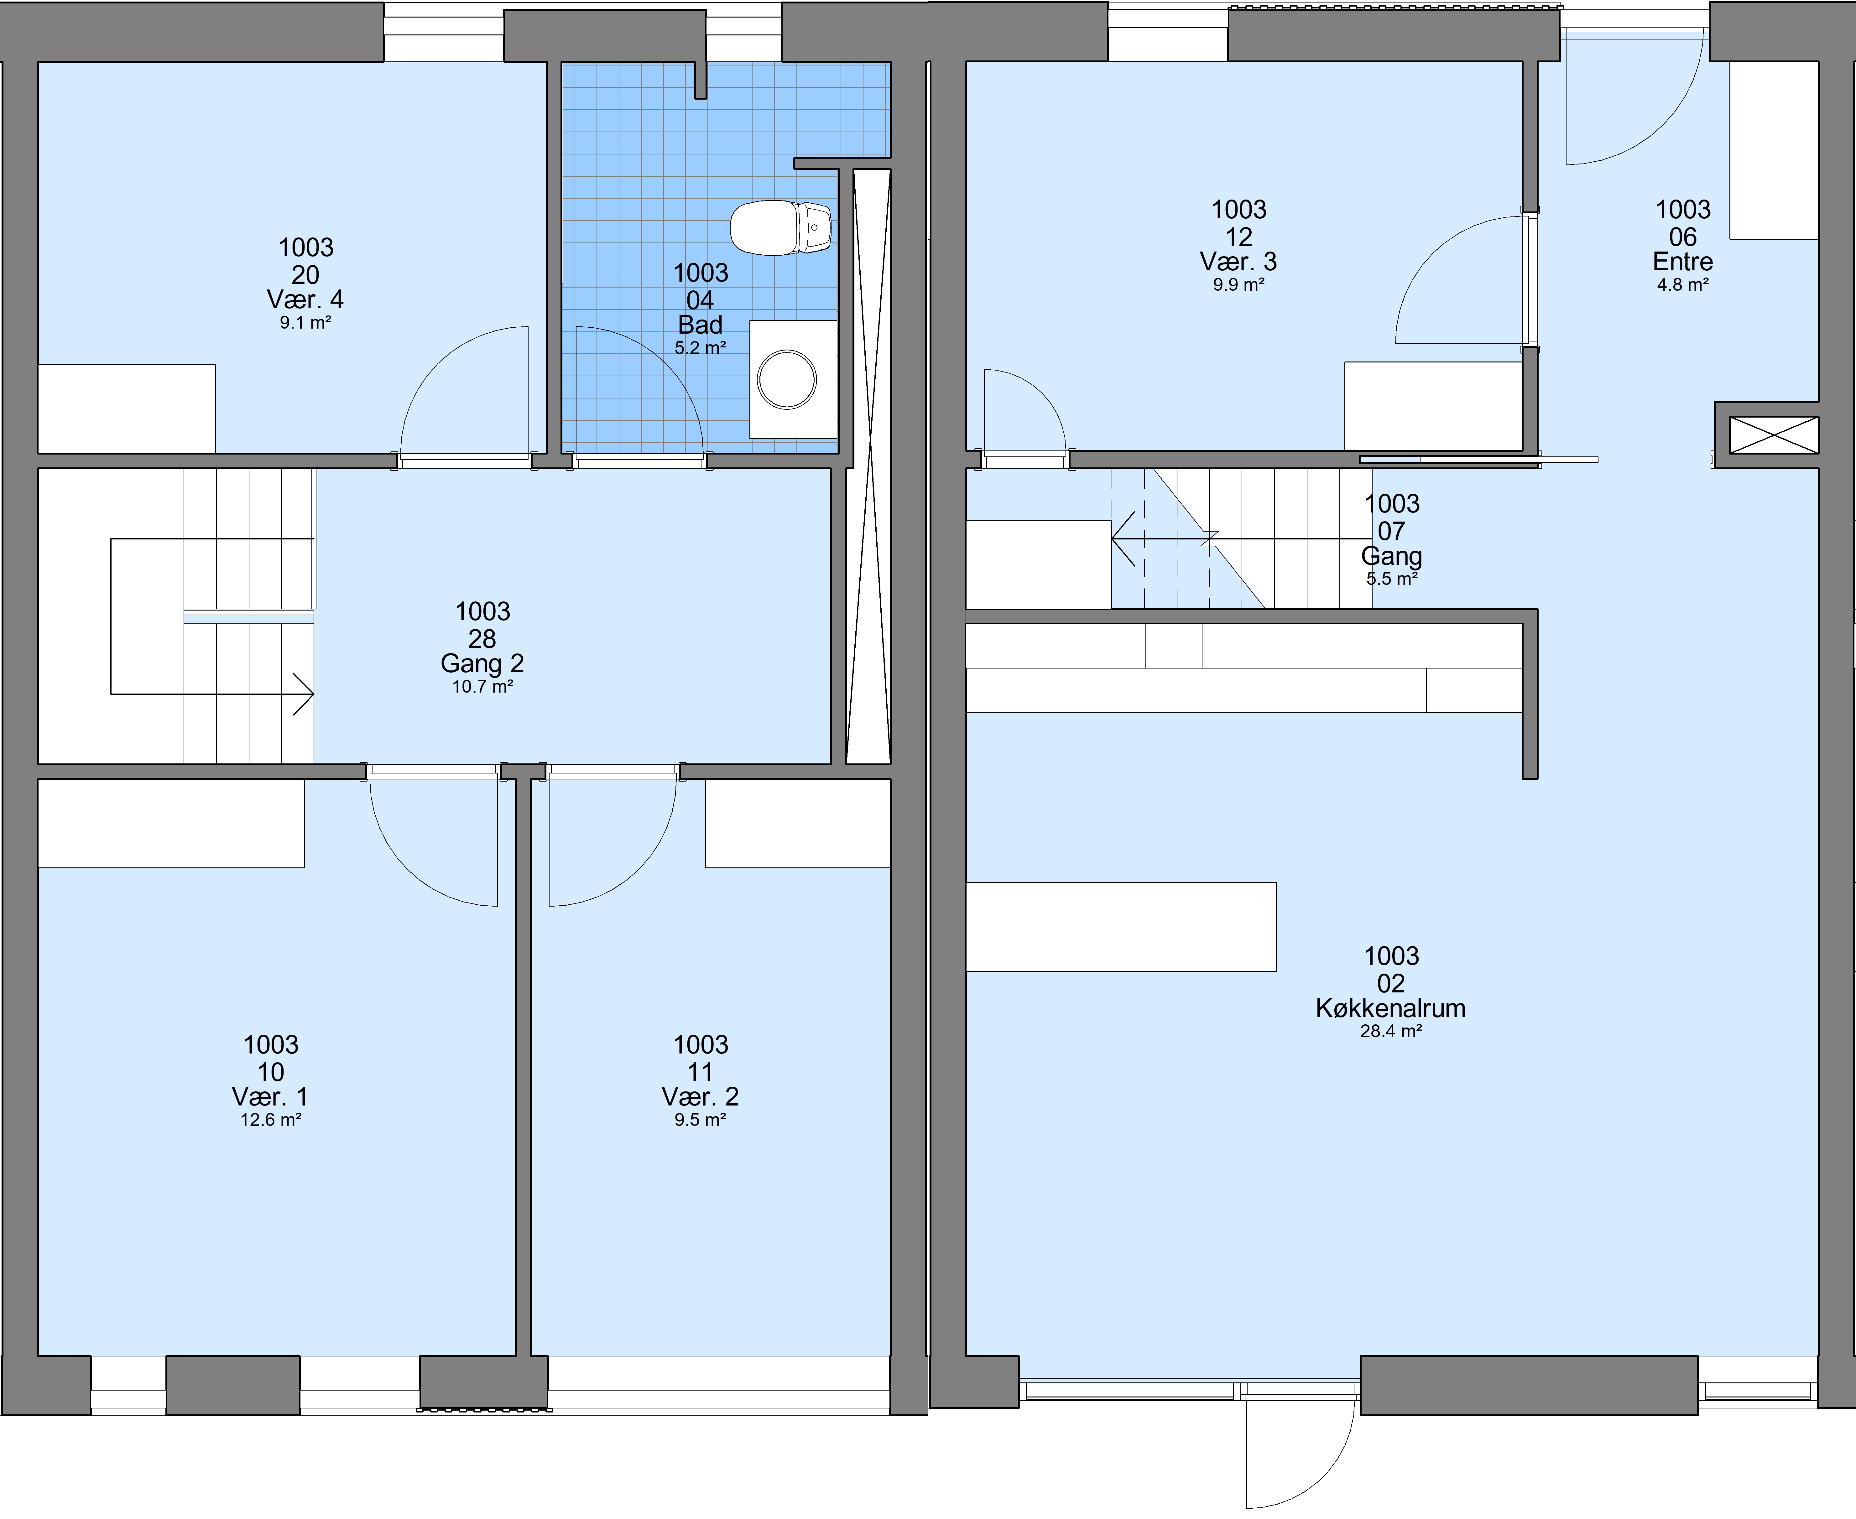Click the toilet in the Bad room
[780, 227]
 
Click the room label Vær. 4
[305, 299]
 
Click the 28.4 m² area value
[1390, 1031]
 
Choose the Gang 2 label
[482, 663]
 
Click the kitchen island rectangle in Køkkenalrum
[1121, 927]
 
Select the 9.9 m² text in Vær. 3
[1238, 284]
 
